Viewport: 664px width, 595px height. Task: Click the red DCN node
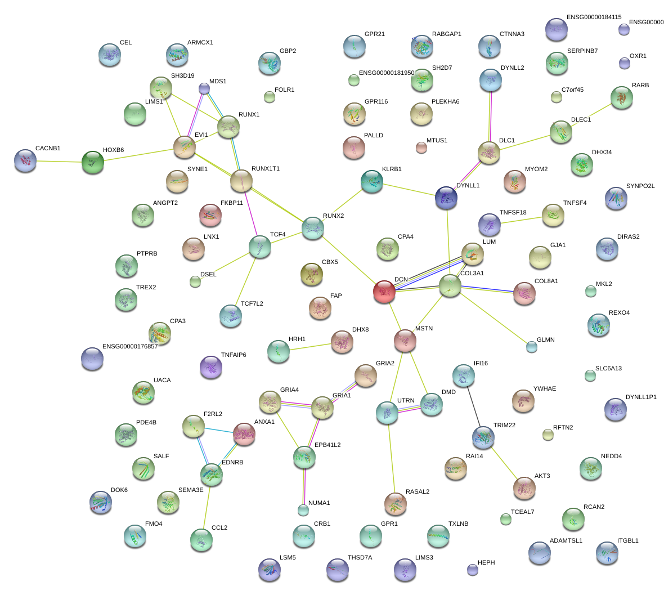pyautogui.click(x=384, y=292)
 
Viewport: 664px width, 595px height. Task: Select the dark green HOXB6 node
pyautogui.click(x=93, y=162)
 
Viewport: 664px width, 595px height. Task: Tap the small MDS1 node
pyautogui.click(x=204, y=88)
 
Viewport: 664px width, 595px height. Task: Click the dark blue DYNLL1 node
pyautogui.click(x=446, y=198)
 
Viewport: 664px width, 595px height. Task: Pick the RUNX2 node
pyautogui.click(x=313, y=228)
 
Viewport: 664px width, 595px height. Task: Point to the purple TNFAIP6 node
pyautogui.click(x=211, y=367)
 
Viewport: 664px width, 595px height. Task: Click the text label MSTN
pyautogui.click(x=424, y=328)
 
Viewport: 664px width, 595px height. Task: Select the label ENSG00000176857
pyautogui.click(x=130, y=346)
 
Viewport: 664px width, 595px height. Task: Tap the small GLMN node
pyautogui.click(x=531, y=347)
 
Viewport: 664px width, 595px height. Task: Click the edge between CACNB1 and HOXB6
pyautogui.click(x=59, y=162)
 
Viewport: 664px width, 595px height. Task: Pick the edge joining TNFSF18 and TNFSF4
pyautogui.click(x=521, y=220)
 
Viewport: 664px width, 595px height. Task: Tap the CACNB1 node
pyautogui.click(x=25, y=161)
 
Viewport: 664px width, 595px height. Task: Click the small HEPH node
pyautogui.click(x=473, y=570)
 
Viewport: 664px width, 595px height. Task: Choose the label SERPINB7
pyautogui.click(x=582, y=51)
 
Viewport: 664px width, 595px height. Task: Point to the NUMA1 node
pyautogui.click(x=303, y=511)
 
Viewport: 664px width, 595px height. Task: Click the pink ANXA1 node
pyautogui.click(x=244, y=434)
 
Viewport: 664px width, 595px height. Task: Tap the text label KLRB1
pyautogui.click(x=392, y=169)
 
